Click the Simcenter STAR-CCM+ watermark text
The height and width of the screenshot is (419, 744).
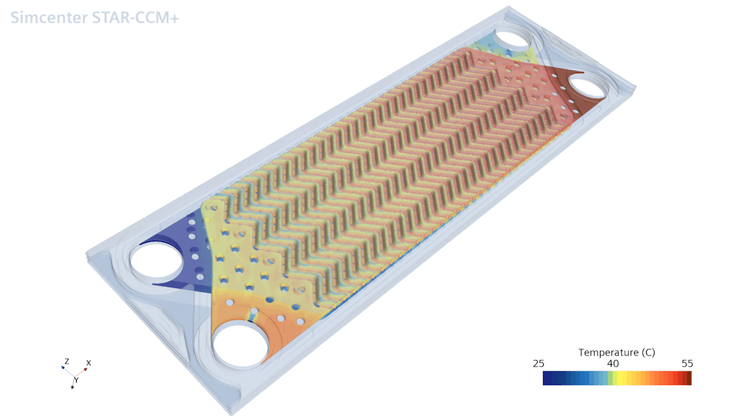click(x=95, y=18)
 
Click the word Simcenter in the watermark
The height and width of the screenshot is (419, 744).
click(x=47, y=18)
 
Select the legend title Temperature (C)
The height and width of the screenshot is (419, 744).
click(x=617, y=353)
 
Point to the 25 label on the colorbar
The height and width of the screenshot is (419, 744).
click(x=539, y=364)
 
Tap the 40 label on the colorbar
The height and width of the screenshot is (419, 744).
click(x=613, y=364)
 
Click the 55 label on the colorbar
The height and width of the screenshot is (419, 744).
click(x=686, y=364)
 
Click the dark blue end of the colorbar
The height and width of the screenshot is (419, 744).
click(x=546, y=378)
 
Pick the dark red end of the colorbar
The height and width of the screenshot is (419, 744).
click(x=688, y=378)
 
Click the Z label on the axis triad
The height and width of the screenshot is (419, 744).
click(x=67, y=361)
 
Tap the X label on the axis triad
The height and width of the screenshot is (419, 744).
click(x=88, y=363)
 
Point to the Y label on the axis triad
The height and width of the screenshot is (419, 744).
click(x=76, y=380)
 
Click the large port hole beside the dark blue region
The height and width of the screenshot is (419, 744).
click(x=157, y=260)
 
